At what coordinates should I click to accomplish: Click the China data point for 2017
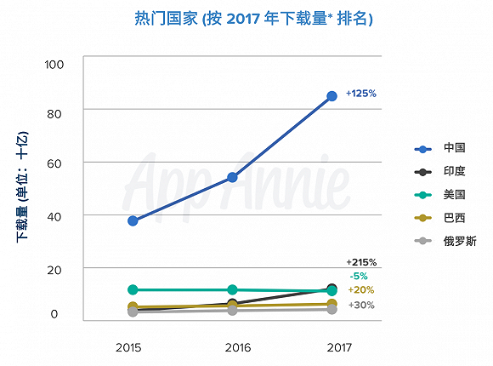pyautogui.click(x=331, y=96)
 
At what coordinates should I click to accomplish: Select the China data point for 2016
pyautogui.click(x=232, y=177)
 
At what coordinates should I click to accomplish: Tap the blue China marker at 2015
pyautogui.click(x=133, y=220)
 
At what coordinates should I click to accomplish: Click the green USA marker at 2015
pyautogui.click(x=133, y=289)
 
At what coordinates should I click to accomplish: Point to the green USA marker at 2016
pyautogui.click(x=232, y=289)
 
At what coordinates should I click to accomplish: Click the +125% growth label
pyautogui.click(x=361, y=94)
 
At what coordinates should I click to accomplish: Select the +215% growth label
pyautogui.click(x=361, y=262)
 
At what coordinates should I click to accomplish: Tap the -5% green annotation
pyautogui.click(x=359, y=276)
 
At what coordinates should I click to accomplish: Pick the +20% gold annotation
pyautogui.click(x=361, y=289)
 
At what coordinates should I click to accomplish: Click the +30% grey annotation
pyautogui.click(x=361, y=305)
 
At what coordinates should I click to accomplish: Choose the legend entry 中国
pyautogui.click(x=455, y=147)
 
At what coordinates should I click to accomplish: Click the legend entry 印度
pyautogui.click(x=455, y=171)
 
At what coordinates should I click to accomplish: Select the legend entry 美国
pyautogui.click(x=455, y=194)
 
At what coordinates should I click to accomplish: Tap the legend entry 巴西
pyautogui.click(x=455, y=218)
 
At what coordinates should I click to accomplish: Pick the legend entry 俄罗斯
pyautogui.click(x=460, y=241)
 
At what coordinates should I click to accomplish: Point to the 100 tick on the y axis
pyautogui.click(x=54, y=65)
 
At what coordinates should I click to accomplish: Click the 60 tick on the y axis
pyautogui.click(x=54, y=163)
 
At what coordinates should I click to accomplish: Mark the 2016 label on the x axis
pyautogui.click(x=238, y=347)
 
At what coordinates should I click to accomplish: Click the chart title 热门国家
pyautogui.click(x=167, y=18)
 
